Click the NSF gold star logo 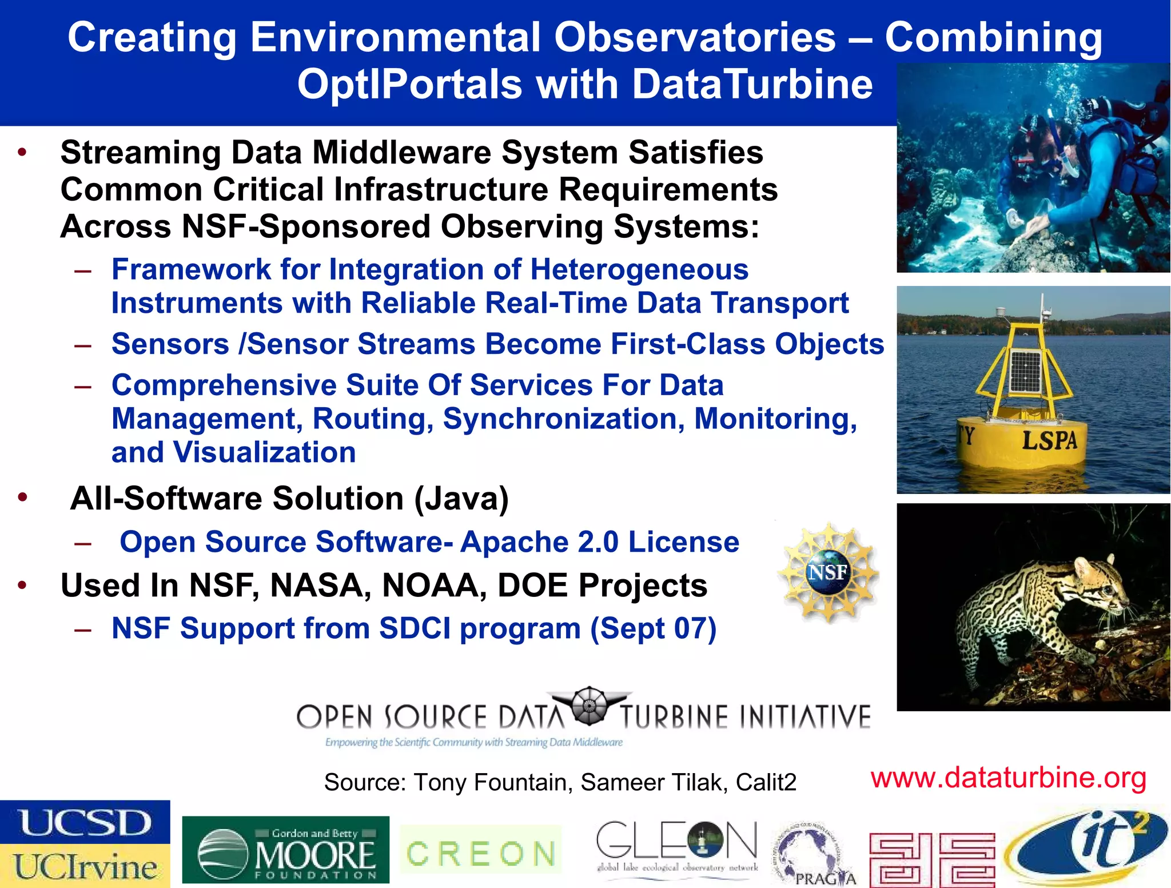(829, 572)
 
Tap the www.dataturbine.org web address (1008, 778)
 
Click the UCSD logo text (85, 823)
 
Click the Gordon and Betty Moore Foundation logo (285, 850)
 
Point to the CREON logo (480, 854)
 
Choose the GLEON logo (677, 846)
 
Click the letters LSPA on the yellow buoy (1049, 440)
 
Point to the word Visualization (264, 452)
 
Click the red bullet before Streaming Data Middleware (22, 153)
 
